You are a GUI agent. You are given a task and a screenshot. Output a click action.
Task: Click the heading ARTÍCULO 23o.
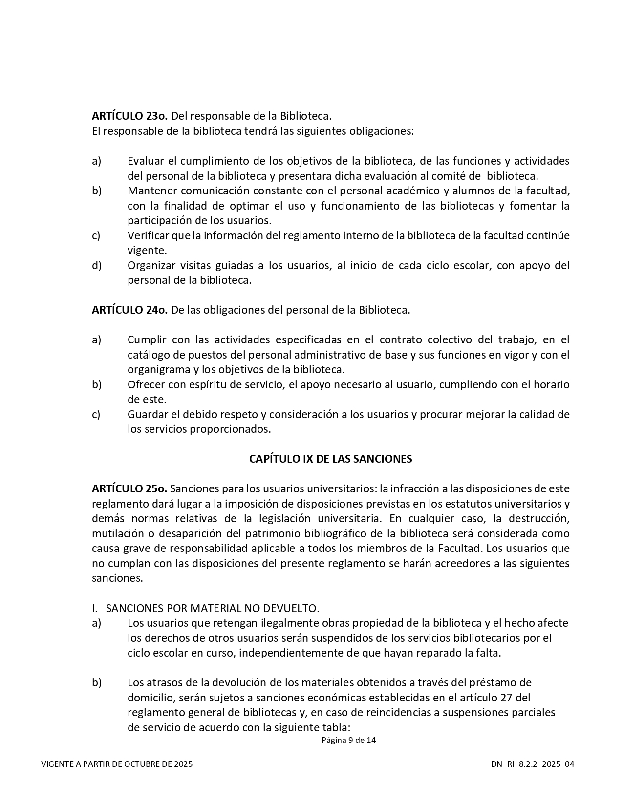pyautogui.click(x=129, y=116)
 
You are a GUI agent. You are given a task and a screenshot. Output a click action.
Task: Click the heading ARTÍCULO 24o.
pyautogui.click(x=129, y=310)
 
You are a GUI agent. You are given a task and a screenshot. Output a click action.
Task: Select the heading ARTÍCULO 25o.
pyautogui.click(x=129, y=488)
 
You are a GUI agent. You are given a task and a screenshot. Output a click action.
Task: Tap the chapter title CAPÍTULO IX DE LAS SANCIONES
pyautogui.click(x=330, y=459)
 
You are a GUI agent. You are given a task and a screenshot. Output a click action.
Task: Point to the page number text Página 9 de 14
pyautogui.click(x=348, y=740)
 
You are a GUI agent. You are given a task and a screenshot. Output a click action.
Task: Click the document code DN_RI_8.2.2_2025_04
pyautogui.click(x=533, y=764)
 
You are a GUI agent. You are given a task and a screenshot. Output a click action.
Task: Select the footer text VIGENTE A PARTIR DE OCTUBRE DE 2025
pyautogui.click(x=117, y=764)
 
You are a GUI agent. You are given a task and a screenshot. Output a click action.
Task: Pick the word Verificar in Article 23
pyautogui.click(x=149, y=235)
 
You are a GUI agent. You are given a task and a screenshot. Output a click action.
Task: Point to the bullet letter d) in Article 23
pyautogui.click(x=97, y=265)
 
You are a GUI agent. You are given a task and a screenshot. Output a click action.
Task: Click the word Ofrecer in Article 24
pyautogui.click(x=145, y=384)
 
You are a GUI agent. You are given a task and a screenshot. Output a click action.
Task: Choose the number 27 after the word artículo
pyautogui.click(x=507, y=697)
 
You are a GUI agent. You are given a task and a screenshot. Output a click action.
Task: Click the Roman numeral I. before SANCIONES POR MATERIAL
pyautogui.click(x=95, y=608)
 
